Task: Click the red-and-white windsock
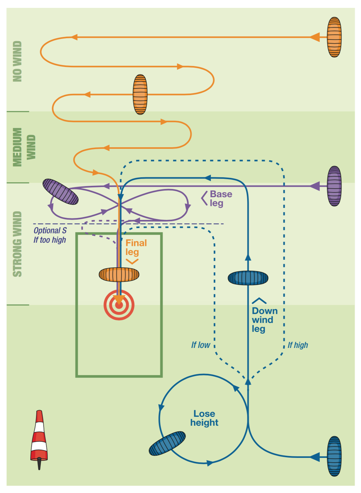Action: coord(39,438)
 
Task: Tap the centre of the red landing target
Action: coord(119,305)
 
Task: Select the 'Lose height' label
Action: coord(204,418)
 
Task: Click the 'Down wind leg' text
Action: coord(264,320)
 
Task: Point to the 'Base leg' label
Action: coord(221,198)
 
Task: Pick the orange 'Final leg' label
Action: coord(136,247)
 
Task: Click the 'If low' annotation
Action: coord(200,345)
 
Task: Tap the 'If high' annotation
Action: coord(298,345)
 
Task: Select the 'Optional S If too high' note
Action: coord(50,235)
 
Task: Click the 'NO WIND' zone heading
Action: coord(17,61)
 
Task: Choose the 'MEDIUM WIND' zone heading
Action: coord(23,147)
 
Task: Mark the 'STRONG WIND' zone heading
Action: coord(17,244)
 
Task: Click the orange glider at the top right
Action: coord(334,37)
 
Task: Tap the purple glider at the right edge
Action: coord(334,186)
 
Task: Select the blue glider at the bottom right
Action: coord(334,456)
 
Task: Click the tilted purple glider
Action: coord(60,192)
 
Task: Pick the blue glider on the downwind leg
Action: coord(248,278)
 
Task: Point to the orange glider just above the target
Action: coord(119,275)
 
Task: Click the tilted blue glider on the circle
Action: coord(167,443)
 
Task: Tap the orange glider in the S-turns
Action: coord(140,94)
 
